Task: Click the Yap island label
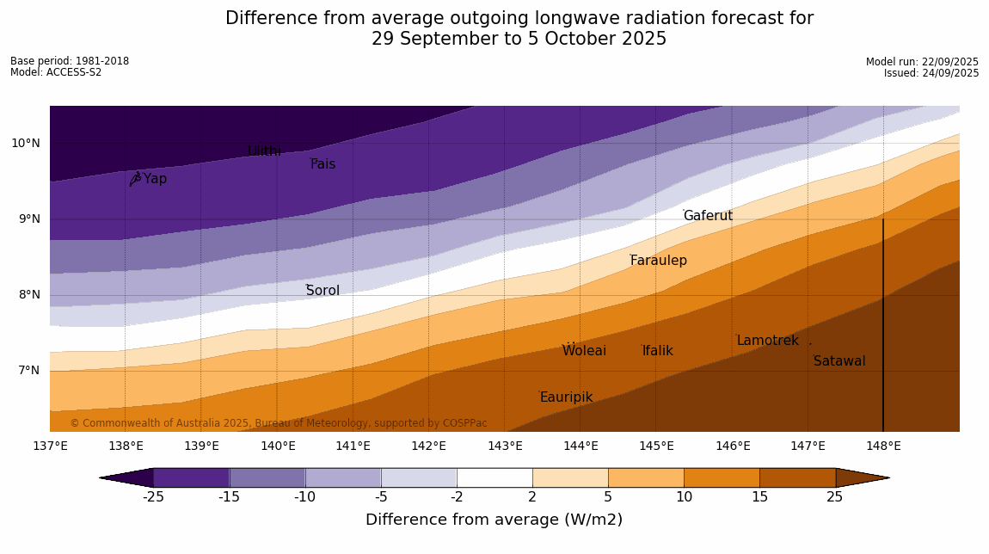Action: coord(155,179)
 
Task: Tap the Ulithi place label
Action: coord(264,151)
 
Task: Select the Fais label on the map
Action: coord(323,164)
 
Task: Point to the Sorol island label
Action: coord(322,291)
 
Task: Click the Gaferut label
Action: coord(708,216)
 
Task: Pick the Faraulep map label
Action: coord(658,261)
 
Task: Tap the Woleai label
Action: coord(584,351)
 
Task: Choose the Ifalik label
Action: coord(657,351)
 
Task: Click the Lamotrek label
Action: coord(767,341)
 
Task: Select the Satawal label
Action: coord(839,361)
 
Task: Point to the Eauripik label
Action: coord(566,397)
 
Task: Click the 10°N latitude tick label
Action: coord(26,144)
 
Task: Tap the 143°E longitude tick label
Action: coord(505,446)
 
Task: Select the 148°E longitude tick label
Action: coord(883,446)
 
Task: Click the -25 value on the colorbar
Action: coord(154,496)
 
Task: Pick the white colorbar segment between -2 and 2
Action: coord(494,477)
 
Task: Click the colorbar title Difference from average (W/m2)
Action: coord(494,520)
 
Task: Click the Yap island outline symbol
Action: coord(135,178)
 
